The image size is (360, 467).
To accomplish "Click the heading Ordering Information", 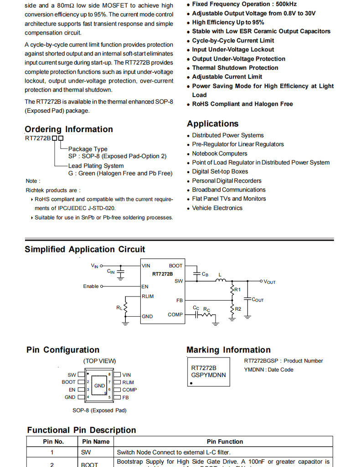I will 69,129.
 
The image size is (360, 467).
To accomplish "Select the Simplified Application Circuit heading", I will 85,249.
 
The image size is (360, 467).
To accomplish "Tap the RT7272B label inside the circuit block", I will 163,274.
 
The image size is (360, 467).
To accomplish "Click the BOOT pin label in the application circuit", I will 175,266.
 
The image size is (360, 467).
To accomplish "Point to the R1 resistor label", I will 237,290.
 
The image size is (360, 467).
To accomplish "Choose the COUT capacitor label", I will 257,300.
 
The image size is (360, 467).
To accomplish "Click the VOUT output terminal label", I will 270,282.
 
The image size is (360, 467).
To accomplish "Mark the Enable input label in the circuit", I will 91,286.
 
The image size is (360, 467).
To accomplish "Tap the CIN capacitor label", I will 111,272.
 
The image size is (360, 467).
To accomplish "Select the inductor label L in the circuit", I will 220,275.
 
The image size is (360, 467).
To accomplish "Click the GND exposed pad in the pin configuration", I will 100,386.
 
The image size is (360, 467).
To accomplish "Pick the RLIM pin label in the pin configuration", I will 128,382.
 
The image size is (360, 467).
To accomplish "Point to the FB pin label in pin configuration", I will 126,397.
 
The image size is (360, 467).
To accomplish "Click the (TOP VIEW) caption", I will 99,361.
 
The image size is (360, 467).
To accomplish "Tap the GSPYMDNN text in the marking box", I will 208,375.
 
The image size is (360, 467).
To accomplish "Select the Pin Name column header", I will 96,441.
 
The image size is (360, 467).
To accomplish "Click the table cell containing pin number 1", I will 52,452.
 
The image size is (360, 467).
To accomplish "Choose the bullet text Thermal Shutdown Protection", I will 235,68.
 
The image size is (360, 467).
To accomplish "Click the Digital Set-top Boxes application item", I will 220,171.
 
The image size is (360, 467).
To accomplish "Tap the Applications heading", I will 212,124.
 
